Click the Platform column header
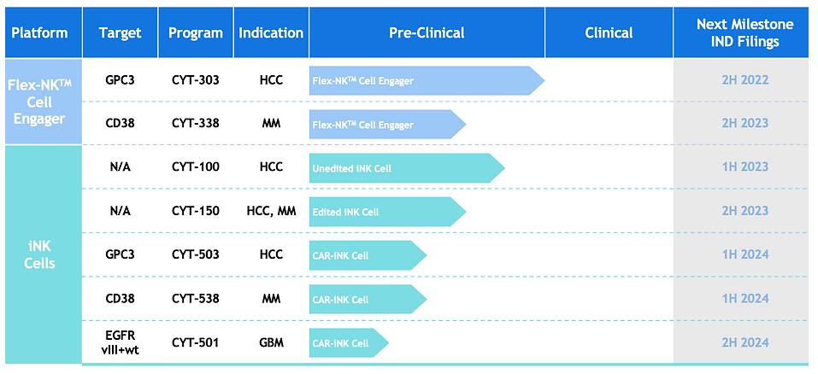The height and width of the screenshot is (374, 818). click(x=39, y=32)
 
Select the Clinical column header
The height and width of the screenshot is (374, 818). click(x=609, y=32)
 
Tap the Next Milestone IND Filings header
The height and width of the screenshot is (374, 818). click(x=745, y=32)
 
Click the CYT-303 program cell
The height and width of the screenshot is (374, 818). click(x=196, y=81)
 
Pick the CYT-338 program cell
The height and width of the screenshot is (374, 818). click(x=196, y=124)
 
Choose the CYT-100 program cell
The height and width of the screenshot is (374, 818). click(x=196, y=167)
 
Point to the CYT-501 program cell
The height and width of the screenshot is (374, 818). click(x=196, y=342)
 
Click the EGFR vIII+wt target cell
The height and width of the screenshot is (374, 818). click(x=120, y=342)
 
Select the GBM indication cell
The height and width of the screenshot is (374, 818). click(x=271, y=342)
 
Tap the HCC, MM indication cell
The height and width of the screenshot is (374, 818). click(x=271, y=212)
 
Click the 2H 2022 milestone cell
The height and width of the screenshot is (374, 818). click(x=745, y=81)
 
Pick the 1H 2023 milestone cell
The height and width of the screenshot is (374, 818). click(x=745, y=167)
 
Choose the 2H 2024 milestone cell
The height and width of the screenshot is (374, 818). click(x=745, y=342)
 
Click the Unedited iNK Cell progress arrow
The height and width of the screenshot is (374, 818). click(x=407, y=167)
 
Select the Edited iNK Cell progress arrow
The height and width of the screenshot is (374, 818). click(x=387, y=212)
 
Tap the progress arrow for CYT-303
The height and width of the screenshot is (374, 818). click(x=427, y=81)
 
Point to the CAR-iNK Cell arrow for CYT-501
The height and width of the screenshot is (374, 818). click(x=349, y=342)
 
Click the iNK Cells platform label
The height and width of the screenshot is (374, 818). click(x=39, y=254)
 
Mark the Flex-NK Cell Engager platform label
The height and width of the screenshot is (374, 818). click(x=39, y=102)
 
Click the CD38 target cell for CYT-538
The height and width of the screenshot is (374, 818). click(x=120, y=299)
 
